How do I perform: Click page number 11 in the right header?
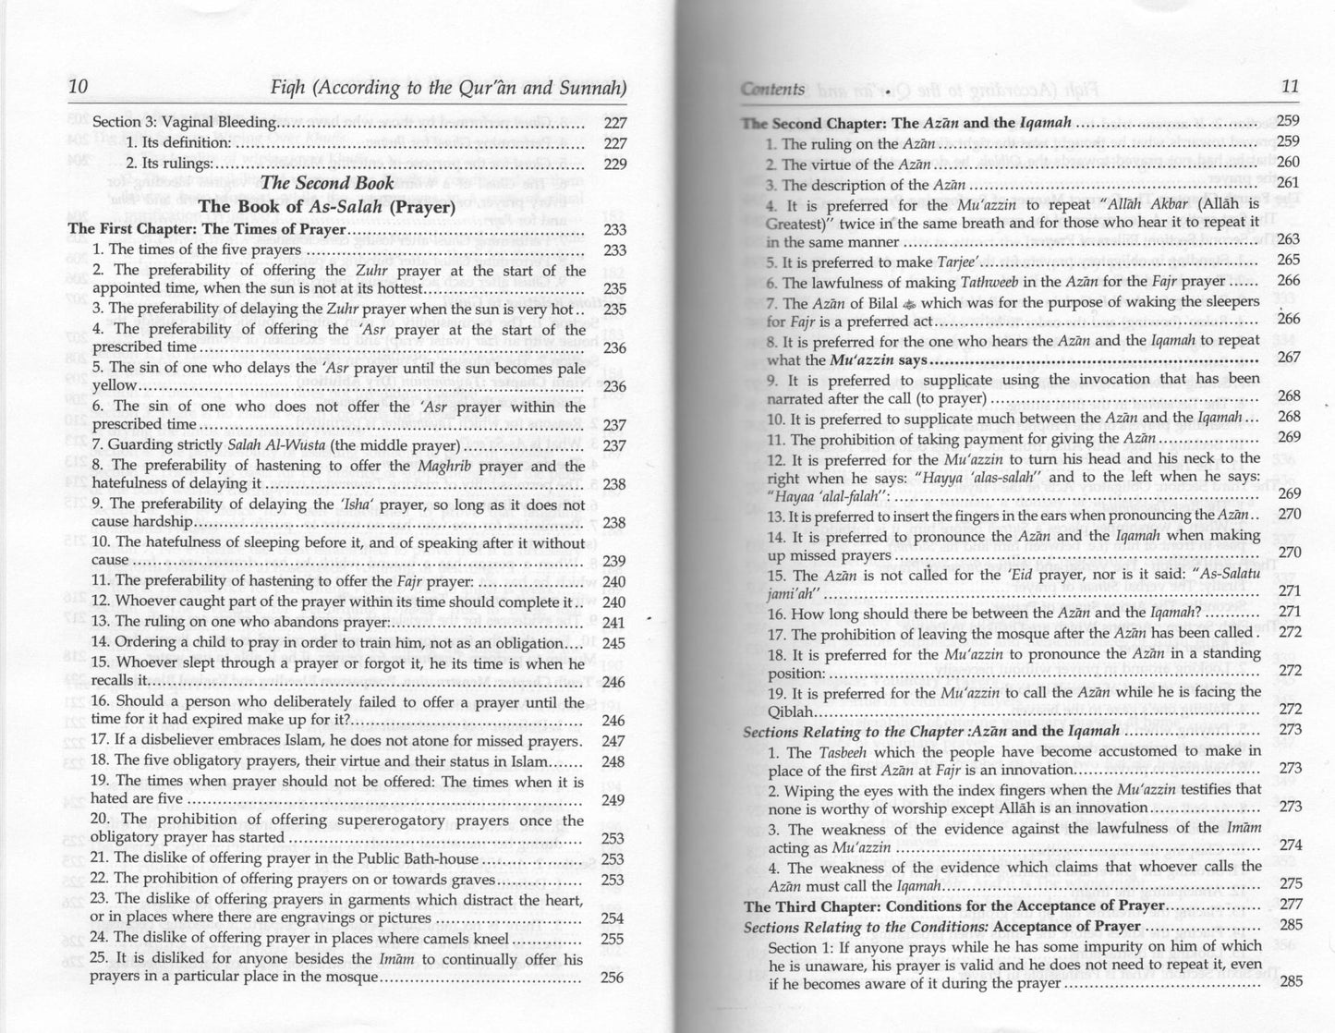(x=1290, y=87)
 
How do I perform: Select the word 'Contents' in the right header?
(x=772, y=89)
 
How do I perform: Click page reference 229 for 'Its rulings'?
(x=614, y=164)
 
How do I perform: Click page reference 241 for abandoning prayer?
(x=613, y=623)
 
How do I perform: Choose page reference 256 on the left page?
(x=613, y=978)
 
